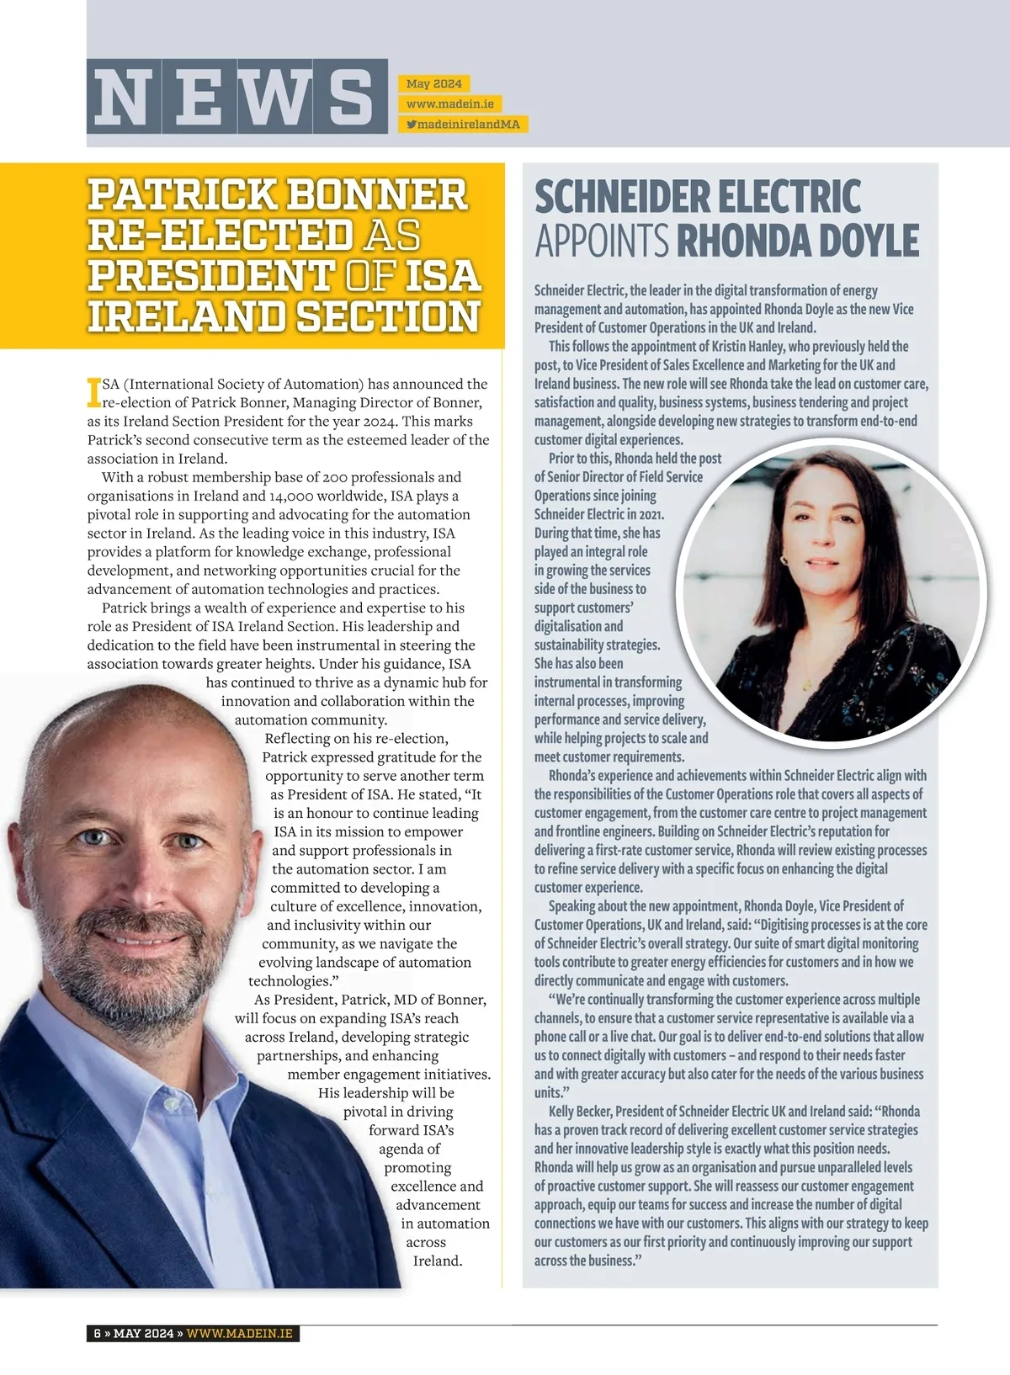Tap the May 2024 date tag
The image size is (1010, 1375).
433,83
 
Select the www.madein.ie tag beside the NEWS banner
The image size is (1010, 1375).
449,104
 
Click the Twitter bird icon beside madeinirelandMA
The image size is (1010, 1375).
412,125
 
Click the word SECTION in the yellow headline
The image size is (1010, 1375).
389,316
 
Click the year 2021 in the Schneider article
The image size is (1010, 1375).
648,514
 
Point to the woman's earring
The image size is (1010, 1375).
785,558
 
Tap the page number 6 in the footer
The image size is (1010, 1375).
98,1333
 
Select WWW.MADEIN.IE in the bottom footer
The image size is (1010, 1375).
242,1333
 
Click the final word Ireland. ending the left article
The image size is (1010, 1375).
438,1261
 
